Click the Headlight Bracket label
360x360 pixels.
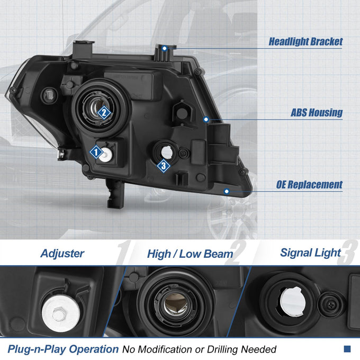click(305, 42)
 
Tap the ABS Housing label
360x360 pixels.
click(317, 112)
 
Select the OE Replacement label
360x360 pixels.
click(309, 185)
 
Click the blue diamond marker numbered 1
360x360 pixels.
click(96, 152)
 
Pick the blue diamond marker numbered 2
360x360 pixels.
click(104, 112)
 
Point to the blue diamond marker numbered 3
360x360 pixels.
click(164, 166)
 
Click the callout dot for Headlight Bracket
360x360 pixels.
click(165, 49)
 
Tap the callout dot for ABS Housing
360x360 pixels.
click(206, 120)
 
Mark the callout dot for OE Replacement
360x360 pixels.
click(227, 191)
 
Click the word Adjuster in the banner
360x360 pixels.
click(62, 254)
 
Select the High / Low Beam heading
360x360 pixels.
click(190, 254)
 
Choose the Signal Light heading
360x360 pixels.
click(310, 253)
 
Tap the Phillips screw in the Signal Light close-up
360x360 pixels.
click(331, 304)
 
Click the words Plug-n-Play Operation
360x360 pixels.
click(63, 349)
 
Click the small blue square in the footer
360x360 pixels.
click(347, 349)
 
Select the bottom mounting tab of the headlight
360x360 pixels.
click(115, 194)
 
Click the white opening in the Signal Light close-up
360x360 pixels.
click(292, 301)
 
